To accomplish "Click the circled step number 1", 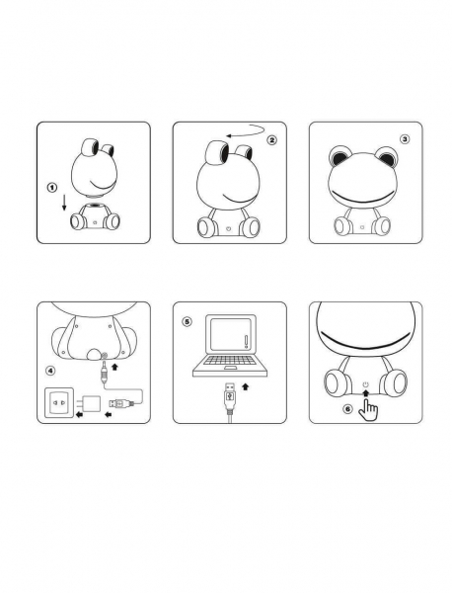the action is (52, 187).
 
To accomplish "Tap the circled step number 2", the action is (271, 140).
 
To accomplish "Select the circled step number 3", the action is (405, 139).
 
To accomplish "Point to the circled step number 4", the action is (50, 371).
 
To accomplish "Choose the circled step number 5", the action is (187, 322).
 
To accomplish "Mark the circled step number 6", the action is (347, 409).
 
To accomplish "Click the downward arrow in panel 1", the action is (64, 202).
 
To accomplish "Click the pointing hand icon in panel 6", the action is (368, 409).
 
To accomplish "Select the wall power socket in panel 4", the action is (59, 402).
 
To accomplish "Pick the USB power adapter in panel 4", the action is (90, 404).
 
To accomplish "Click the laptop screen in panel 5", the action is (231, 334).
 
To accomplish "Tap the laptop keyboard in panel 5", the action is (230, 361).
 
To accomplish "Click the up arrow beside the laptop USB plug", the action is (246, 386).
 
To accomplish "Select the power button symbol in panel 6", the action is (365, 385).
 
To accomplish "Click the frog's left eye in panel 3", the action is (339, 157).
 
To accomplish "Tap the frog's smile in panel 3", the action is (363, 199).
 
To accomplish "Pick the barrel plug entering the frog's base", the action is (104, 373).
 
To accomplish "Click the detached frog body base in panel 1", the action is (95, 216).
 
